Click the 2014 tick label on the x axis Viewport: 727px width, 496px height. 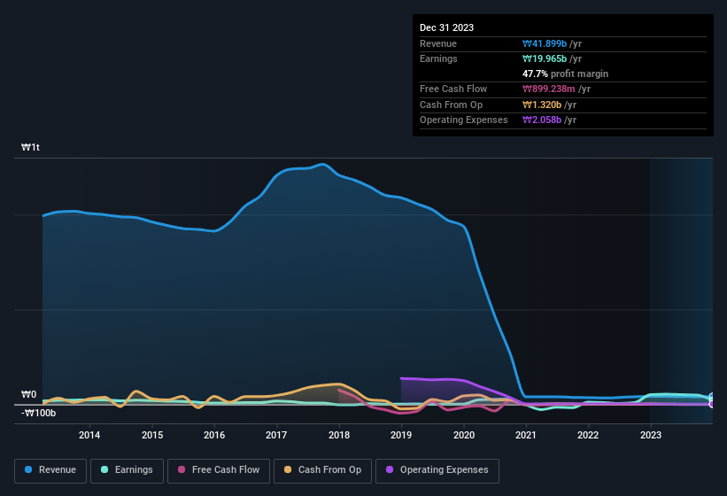point(89,435)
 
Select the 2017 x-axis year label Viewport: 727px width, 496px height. point(276,435)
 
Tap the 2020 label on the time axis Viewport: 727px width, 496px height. point(463,435)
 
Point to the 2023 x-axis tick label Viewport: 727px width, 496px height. point(651,435)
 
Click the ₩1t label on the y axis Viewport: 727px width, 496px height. point(31,147)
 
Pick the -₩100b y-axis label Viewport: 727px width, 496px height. point(39,413)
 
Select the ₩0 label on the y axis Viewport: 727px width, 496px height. point(29,394)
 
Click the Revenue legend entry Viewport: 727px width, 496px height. point(51,470)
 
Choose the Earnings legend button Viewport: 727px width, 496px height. point(127,470)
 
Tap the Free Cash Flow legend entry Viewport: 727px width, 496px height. point(219,470)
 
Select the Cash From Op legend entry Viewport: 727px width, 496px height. point(321,470)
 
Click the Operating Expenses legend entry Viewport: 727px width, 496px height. point(437,470)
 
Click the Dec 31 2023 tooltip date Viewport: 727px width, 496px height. point(447,27)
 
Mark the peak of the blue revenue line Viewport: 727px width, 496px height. point(323,164)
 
